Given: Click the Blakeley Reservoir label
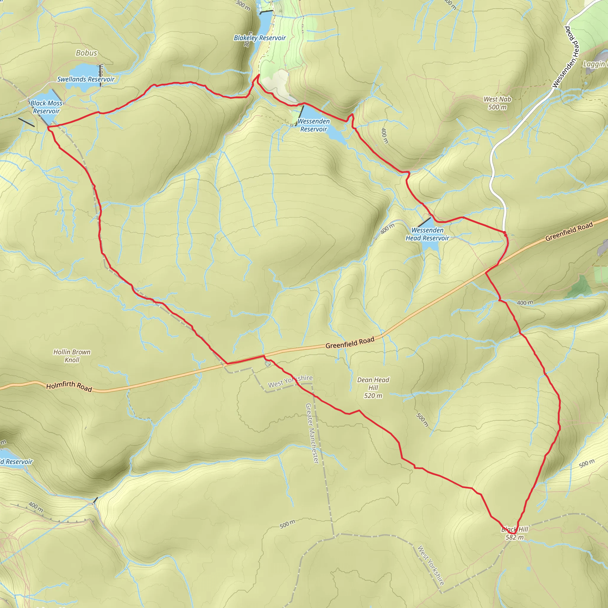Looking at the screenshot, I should [x=260, y=38].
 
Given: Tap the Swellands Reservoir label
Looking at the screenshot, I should [x=85, y=79].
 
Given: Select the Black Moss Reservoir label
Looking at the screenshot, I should [x=46, y=107].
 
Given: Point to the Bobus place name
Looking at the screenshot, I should [x=87, y=53].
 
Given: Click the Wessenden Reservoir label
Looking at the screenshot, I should [x=313, y=125].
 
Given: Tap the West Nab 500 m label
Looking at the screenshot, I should [x=497, y=103].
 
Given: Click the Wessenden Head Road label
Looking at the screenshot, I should [x=565, y=57].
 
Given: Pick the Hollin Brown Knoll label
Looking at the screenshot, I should [x=72, y=356].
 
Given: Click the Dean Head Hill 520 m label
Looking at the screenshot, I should [x=373, y=388].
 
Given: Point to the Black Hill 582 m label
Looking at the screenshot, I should [x=514, y=533].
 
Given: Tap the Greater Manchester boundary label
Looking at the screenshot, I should [x=313, y=433].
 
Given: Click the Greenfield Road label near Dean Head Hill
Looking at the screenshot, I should [x=350, y=343].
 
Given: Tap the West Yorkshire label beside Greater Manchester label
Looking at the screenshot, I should [x=290, y=381].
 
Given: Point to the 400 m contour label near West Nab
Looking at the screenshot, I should [x=384, y=136].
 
